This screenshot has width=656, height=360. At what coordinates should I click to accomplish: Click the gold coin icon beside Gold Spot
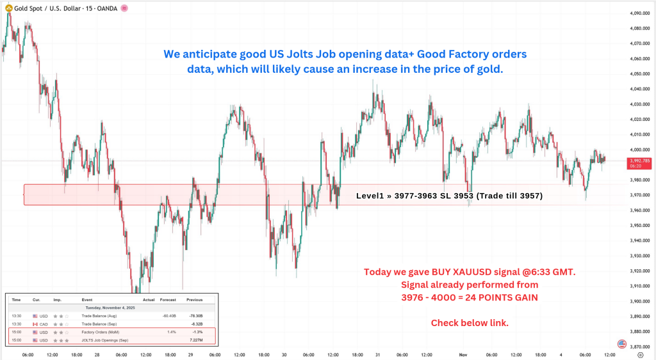click(x=8, y=8)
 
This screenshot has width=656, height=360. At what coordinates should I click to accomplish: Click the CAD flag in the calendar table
click(x=36, y=324)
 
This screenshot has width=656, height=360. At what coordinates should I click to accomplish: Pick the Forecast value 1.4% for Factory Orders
click(x=172, y=333)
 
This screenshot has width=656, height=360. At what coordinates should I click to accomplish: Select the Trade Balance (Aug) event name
click(x=99, y=315)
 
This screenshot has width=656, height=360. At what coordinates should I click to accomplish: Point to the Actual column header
click(x=149, y=299)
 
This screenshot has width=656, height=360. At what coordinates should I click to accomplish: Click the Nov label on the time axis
click(x=463, y=354)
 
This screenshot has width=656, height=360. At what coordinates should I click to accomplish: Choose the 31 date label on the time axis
click(x=378, y=354)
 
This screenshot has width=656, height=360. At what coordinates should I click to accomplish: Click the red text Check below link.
click(x=470, y=322)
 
